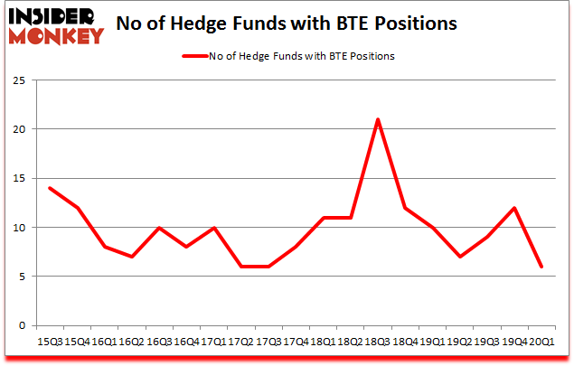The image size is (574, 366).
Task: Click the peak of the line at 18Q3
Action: coord(378,119)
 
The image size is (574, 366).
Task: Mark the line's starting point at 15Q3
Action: coord(49,188)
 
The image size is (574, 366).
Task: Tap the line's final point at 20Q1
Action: coord(542,267)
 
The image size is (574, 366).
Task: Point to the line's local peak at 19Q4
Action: coord(514,208)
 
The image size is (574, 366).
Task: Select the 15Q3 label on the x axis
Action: coord(49,342)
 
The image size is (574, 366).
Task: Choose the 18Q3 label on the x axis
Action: coord(378,342)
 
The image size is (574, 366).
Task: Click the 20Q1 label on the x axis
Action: coord(542,342)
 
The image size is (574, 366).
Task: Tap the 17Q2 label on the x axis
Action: coord(240,342)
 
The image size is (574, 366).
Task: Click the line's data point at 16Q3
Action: coord(158,228)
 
